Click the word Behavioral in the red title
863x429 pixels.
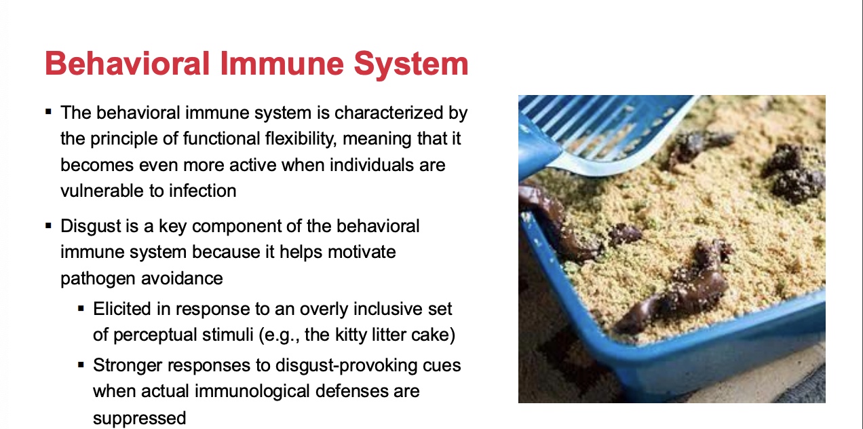127,64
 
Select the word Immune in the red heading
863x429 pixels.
282,64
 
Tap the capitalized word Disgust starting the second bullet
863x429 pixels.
91,227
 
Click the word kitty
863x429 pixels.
349,335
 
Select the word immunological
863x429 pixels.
252,391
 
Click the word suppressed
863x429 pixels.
140,419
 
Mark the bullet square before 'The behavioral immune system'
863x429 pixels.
48,112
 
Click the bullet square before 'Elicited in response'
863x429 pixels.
81,308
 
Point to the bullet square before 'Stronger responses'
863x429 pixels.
81,365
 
